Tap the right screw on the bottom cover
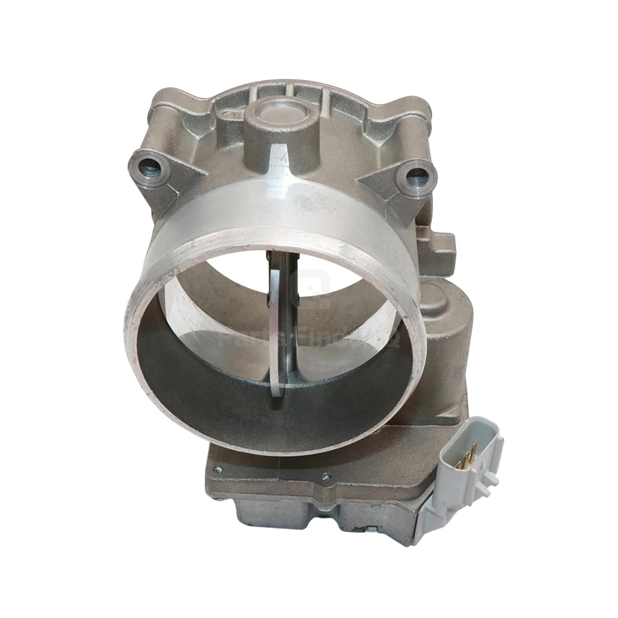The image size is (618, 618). coord(326,476)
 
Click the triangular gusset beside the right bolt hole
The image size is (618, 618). coord(386,185)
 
